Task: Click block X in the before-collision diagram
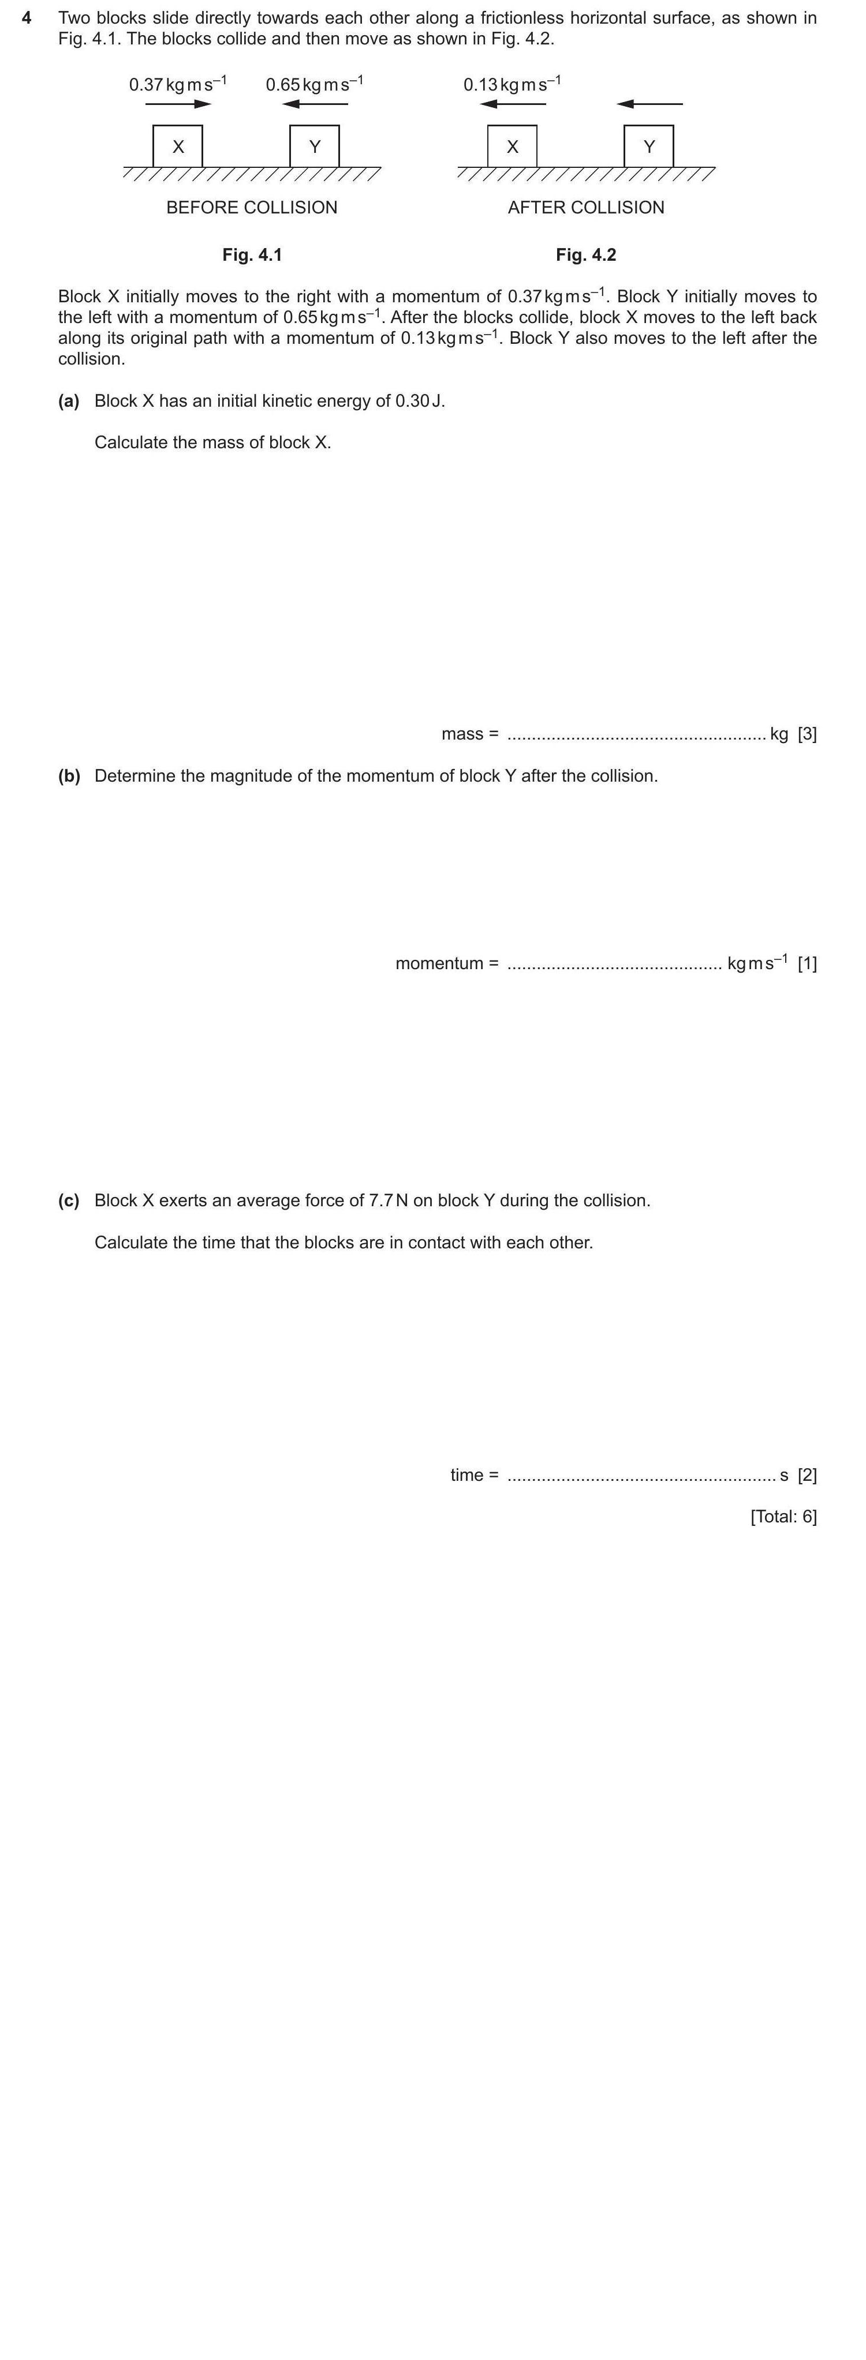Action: tap(178, 147)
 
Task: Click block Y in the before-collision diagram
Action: tap(314, 147)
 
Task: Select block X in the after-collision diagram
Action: tap(512, 147)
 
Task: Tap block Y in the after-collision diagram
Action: tap(649, 147)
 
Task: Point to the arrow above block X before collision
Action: tap(179, 103)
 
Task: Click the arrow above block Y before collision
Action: tap(315, 103)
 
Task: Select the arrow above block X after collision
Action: tap(513, 103)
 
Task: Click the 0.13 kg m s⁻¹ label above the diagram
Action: tap(512, 84)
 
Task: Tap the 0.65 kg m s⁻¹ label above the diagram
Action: tap(314, 84)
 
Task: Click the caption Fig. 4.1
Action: tap(252, 254)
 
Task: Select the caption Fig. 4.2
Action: tap(585, 254)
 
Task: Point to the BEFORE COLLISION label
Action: tap(252, 207)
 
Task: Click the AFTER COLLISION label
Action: tap(585, 207)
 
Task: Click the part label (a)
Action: tap(69, 402)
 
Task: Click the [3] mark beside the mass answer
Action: tap(807, 734)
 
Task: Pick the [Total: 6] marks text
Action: tap(783, 1516)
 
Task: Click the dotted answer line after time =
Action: tap(641, 1476)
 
